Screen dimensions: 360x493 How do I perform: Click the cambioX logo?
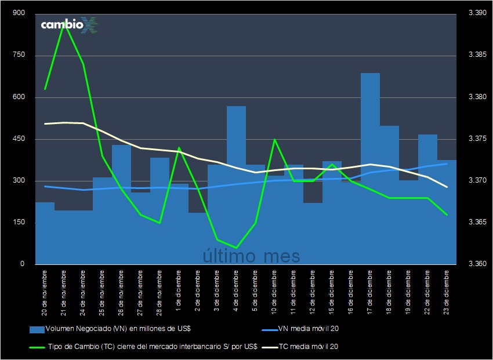tap(68, 25)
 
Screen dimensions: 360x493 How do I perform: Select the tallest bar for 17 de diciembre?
tap(370, 168)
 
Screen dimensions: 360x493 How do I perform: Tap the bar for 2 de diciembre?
tap(198, 238)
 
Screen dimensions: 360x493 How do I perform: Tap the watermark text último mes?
tap(251, 255)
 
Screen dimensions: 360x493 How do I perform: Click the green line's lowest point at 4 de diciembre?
tap(236, 248)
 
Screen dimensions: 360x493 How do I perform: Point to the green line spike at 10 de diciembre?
tap(274, 139)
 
